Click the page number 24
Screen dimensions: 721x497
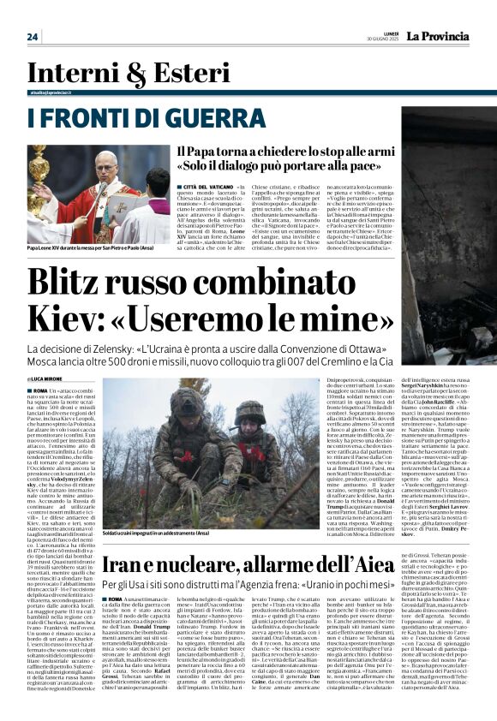coord(33,36)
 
